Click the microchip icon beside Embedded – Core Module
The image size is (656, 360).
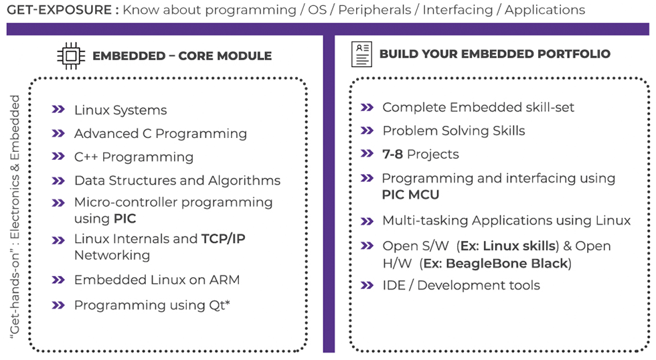click(71, 56)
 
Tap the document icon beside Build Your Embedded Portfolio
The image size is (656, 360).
click(361, 54)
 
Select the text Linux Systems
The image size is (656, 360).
click(120, 110)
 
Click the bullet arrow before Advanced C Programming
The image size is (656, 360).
click(58, 133)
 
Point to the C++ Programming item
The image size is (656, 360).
click(133, 157)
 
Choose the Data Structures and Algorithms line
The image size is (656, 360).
click(177, 180)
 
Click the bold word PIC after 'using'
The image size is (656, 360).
click(125, 218)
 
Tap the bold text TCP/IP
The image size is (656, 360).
click(223, 238)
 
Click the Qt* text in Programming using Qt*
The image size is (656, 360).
click(220, 305)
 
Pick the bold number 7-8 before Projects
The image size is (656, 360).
click(392, 155)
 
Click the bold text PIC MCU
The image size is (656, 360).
click(410, 195)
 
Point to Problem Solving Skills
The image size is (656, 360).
click(454, 130)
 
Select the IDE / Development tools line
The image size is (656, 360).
click(461, 285)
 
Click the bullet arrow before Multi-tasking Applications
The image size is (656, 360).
click(367, 221)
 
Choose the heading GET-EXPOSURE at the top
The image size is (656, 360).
click(59, 9)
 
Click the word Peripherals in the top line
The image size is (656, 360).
click(374, 9)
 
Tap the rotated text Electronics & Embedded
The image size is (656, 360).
click(15, 167)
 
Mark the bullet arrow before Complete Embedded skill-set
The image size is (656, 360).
click(367, 108)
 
